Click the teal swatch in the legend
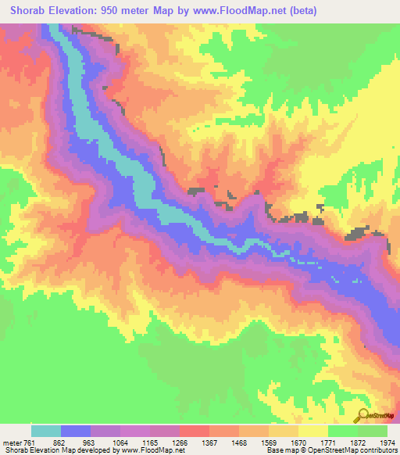[x=46, y=431]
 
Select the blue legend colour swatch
[x=76, y=431]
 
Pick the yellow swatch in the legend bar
[x=313, y=431]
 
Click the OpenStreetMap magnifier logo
[x=362, y=415]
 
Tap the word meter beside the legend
[x=12, y=442]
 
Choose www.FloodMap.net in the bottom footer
[x=149, y=450]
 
